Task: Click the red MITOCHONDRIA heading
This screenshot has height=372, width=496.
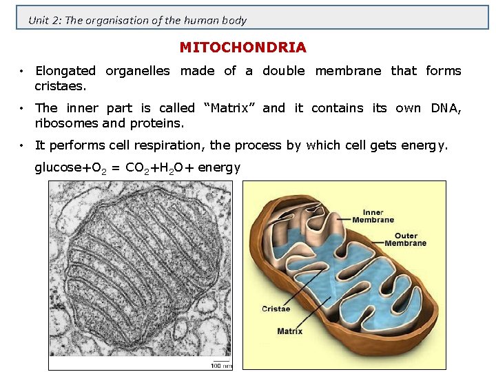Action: pyautogui.click(x=242, y=48)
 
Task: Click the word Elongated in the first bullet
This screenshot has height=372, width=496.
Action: pyautogui.click(x=65, y=70)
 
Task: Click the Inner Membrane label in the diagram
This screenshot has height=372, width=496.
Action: pyautogui.click(x=373, y=216)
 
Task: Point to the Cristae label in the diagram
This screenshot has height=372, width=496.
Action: pyautogui.click(x=276, y=309)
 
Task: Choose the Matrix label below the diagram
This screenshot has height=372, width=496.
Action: pyautogui.click(x=289, y=331)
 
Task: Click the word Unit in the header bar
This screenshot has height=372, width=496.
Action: pyautogui.click(x=38, y=20)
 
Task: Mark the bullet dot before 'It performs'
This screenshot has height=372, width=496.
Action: pyautogui.click(x=23, y=145)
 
